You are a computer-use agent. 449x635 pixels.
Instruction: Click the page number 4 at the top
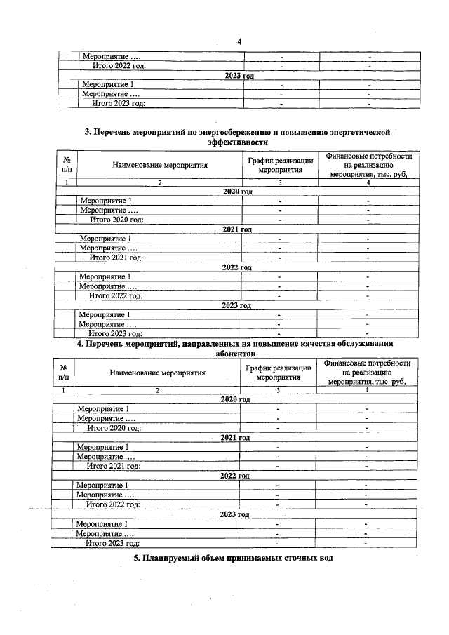(x=239, y=41)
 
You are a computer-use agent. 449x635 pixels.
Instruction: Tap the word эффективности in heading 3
(x=238, y=141)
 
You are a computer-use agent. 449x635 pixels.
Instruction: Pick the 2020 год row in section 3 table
(x=236, y=192)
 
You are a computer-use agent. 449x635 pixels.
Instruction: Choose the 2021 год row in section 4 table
(x=235, y=437)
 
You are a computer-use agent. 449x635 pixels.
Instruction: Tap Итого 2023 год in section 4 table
(x=112, y=542)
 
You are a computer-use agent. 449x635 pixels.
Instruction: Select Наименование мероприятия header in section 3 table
(x=160, y=166)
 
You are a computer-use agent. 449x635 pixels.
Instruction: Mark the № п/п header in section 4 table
(x=64, y=372)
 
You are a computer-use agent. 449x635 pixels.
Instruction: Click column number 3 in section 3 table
(x=280, y=182)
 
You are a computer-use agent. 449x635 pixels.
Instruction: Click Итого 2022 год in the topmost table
(x=120, y=65)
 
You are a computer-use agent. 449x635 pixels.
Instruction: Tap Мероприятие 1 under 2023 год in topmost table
(x=108, y=84)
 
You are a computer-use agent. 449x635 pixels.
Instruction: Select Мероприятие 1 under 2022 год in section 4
(x=102, y=485)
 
